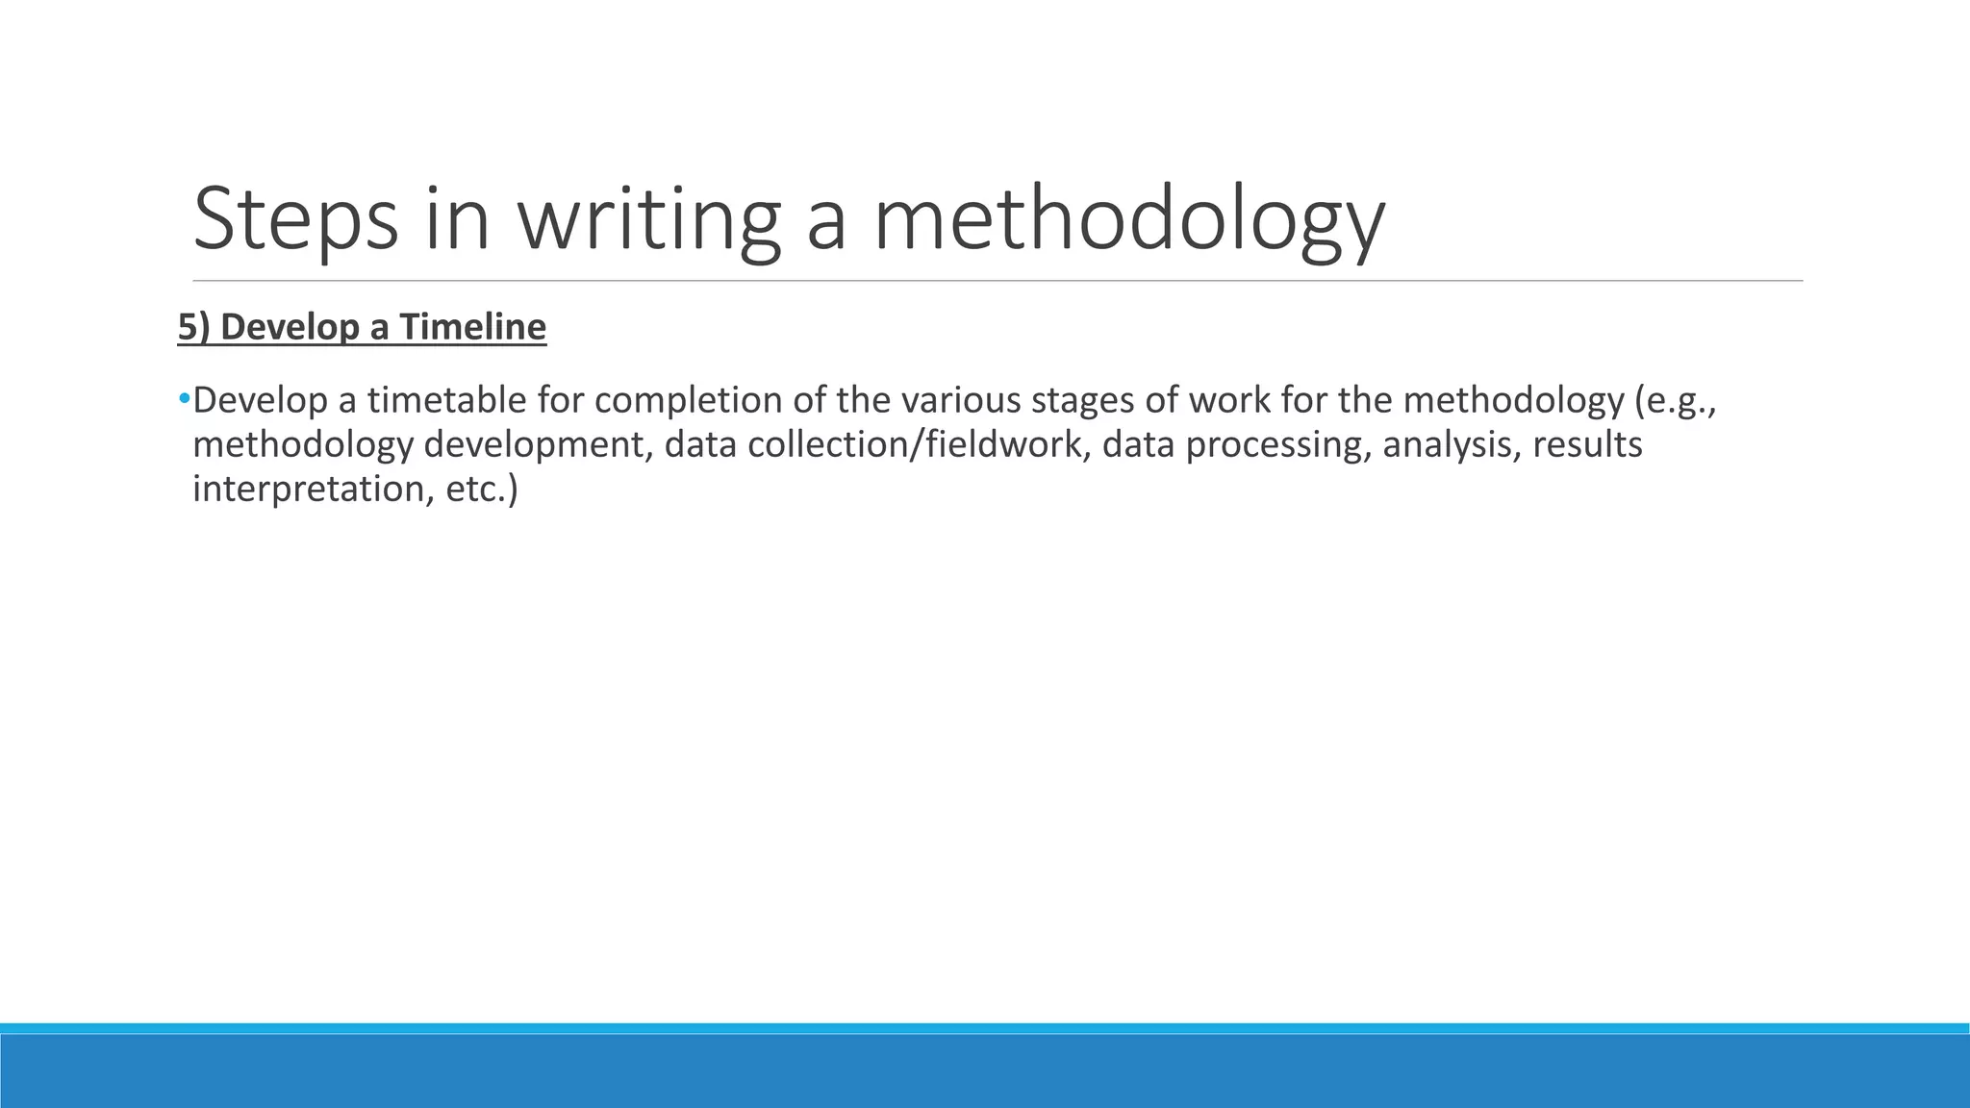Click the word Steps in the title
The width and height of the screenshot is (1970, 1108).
pyautogui.click(x=295, y=220)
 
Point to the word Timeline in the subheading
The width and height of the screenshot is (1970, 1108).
pyautogui.click(x=472, y=328)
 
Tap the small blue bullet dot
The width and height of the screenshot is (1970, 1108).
pyautogui.click(x=184, y=397)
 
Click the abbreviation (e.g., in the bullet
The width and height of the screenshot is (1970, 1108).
pyautogui.click(x=1676, y=400)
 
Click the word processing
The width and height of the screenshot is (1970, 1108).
pyautogui.click(x=1277, y=445)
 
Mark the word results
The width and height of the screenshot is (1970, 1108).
pyautogui.click(x=1587, y=445)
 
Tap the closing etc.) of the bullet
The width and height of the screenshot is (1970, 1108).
pyautogui.click(x=482, y=490)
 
